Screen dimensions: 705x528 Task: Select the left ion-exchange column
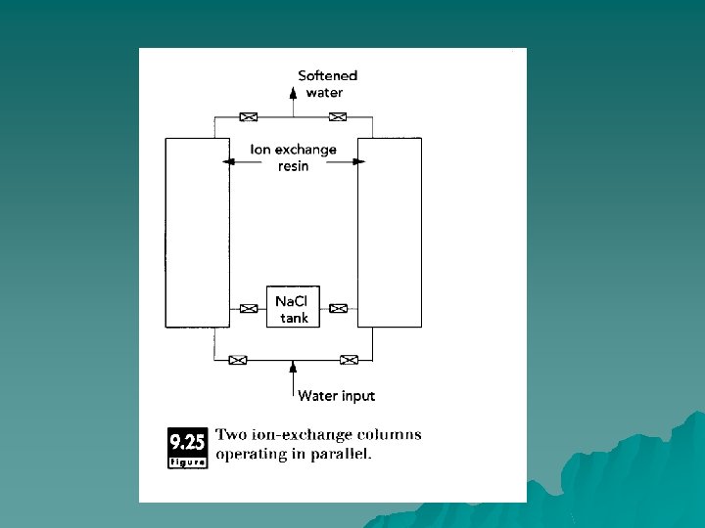[196, 233]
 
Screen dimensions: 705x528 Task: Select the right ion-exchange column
[390, 233]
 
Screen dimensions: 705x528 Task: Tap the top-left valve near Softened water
[250, 117]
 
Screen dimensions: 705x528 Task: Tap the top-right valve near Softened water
[338, 117]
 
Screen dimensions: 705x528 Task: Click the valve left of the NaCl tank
[249, 309]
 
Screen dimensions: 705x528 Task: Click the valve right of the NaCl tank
[338, 309]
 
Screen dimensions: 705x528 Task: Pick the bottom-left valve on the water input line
[237, 360]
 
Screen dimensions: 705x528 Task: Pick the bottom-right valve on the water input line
[349, 360]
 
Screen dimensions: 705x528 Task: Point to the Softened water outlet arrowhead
[293, 93]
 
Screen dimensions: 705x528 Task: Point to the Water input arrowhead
[293, 367]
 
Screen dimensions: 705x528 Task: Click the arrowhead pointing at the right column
[357, 161]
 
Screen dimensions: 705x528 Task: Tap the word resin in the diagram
[293, 166]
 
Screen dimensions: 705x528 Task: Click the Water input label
[336, 396]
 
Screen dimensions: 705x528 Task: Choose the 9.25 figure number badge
[187, 447]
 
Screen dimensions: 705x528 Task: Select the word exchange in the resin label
[305, 150]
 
